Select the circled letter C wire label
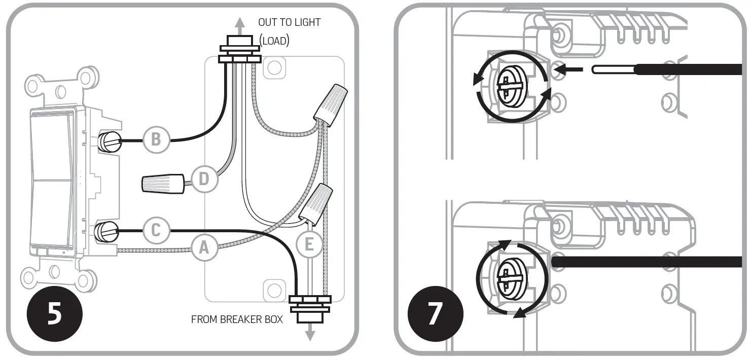pos(156,231)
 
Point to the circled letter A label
pos(204,247)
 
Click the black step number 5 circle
pos(54,313)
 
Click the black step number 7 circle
pos(435,313)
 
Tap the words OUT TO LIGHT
pos(289,22)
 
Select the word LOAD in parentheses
pos(274,41)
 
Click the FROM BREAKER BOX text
pos(237,320)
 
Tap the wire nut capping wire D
pos(162,183)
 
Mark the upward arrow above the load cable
pos(239,23)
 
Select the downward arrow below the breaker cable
pos(310,334)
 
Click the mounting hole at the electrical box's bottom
pos(274,290)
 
